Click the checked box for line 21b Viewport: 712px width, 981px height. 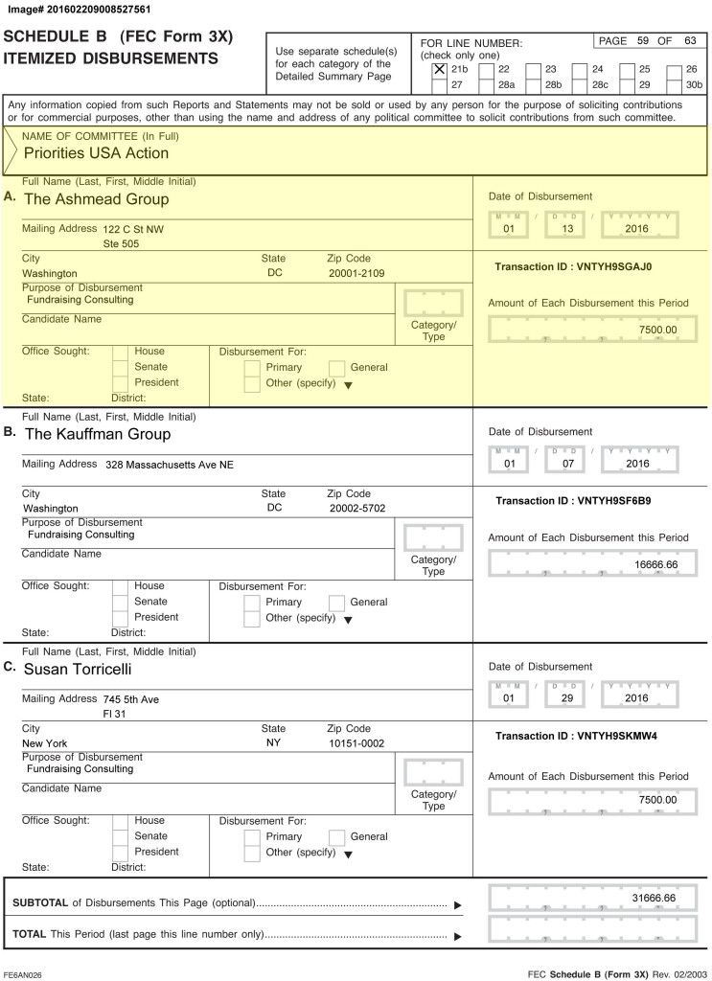pyautogui.click(x=440, y=69)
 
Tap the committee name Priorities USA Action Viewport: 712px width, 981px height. pyautogui.click(x=96, y=153)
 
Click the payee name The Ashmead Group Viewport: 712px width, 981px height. pyautogui.click(x=96, y=199)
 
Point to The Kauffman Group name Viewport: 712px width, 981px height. pyautogui.click(x=97, y=434)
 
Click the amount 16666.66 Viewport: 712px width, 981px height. pyautogui.click(x=655, y=565)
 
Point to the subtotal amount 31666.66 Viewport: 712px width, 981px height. pyautogui.click(x=655, y=898)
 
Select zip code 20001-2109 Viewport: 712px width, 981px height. pyautogui.click(x=356, y=273)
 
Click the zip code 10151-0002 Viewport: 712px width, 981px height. pyautogui.click(x=356, y=742)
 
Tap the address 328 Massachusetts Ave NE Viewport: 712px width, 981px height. pyautogui.click(x=170, y=465)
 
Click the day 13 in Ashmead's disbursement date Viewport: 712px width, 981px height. pyautogui.click(x=564, y=229)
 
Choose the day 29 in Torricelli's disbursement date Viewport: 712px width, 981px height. pyautogui.click(x=564, y=698)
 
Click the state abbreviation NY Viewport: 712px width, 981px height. pyautogui.click(x=273, y=742)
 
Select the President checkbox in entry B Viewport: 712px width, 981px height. pyautogui.click(x=120, y=617)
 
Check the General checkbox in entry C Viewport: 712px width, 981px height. pyautogui.click(x=336, y=836)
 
